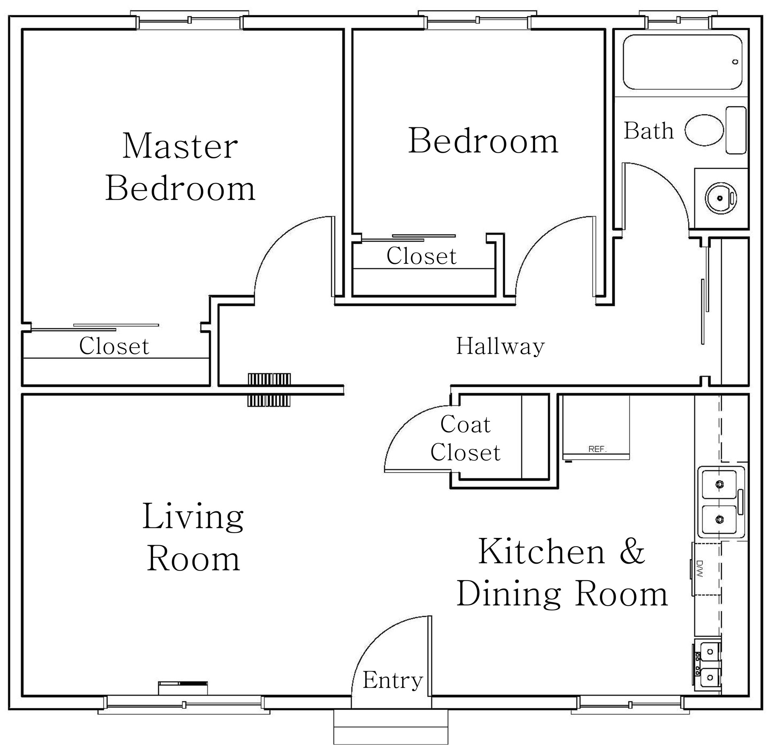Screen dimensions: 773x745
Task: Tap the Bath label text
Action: tap(649, 131)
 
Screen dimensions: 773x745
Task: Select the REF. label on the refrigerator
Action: tap(597, 449)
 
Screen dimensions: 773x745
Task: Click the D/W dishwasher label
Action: tap(699, 569)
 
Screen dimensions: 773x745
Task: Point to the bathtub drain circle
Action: tap(736, 62)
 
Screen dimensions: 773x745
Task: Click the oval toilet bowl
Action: tap(704, 130)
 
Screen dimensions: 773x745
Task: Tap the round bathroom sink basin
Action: tap(720, 197)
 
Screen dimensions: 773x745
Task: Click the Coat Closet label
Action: tap(465, 438)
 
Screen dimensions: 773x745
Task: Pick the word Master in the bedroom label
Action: tap(180, 145)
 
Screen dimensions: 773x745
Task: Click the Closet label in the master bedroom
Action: tap(114, 346)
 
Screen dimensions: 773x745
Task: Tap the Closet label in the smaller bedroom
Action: tap(422, 256)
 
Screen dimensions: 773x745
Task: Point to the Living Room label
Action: tap(193, 537)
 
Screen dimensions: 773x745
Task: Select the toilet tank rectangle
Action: tap(736, 130)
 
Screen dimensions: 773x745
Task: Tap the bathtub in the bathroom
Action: tap(682, 62)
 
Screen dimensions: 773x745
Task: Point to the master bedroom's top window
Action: tap(190, 20)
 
